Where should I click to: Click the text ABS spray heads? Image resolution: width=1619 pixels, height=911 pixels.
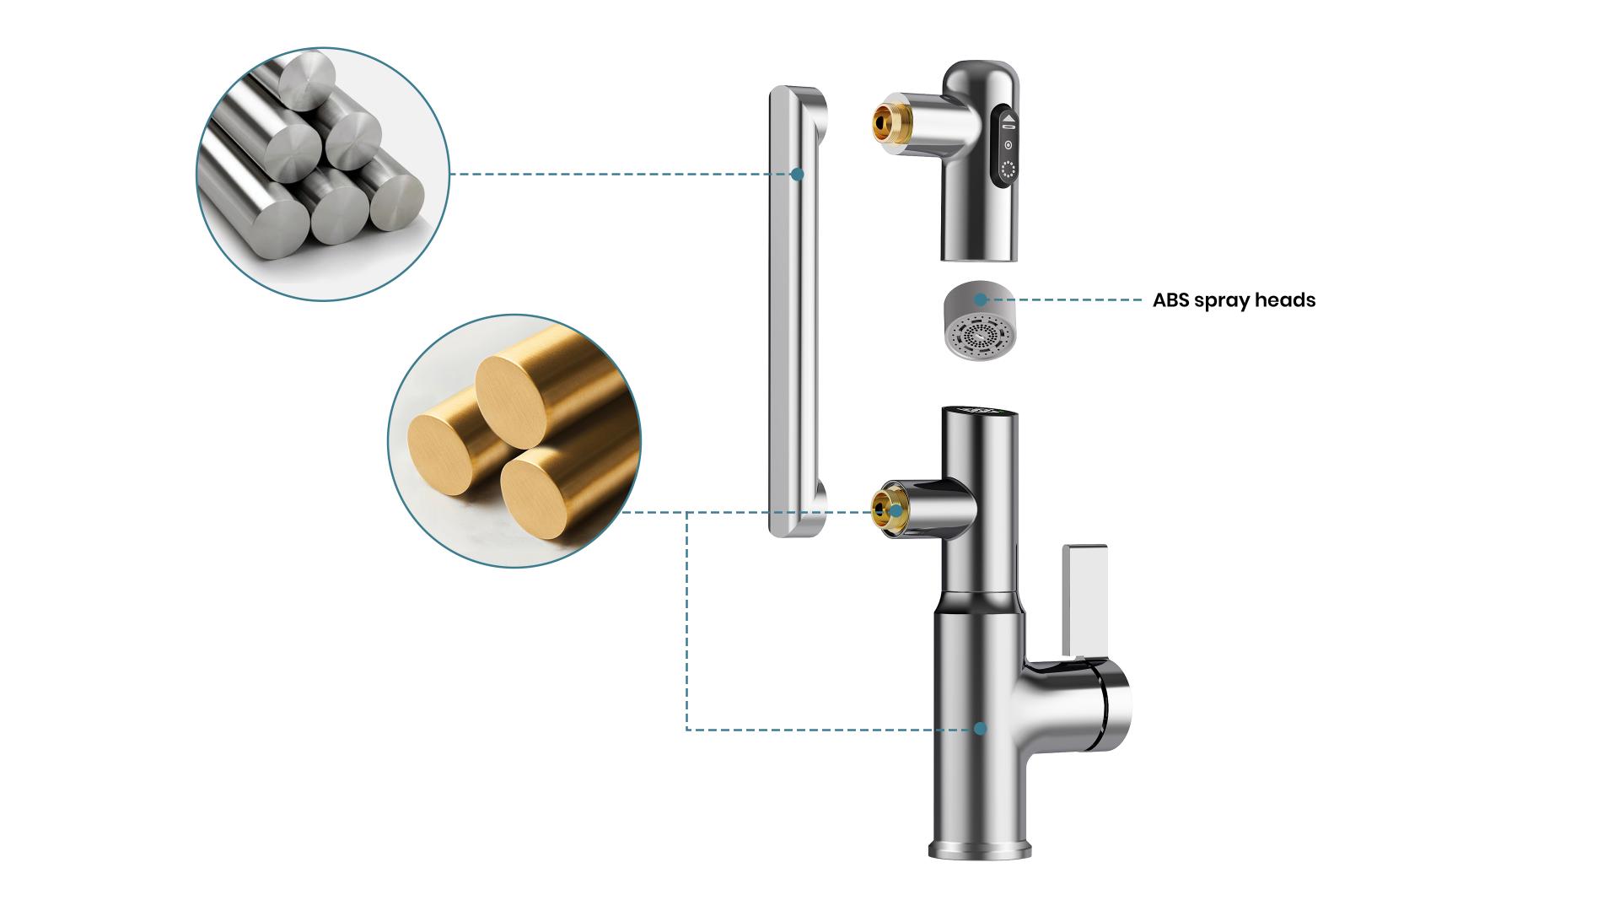pyautogui.click(x=1234, y=300)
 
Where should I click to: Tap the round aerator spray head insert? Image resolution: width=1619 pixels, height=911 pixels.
pyautogui.click(x=980, y=323)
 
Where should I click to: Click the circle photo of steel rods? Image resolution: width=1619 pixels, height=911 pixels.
pyautogui.click(x=323, y=175)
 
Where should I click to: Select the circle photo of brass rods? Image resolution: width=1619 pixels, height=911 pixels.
pyautogui.click(x=514, y=440)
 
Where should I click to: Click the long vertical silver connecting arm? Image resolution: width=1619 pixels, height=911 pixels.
pyautogui.click(x=797, y=311)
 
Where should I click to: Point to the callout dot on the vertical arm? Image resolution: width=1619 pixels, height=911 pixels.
pyautogui.click(x=797, y=175)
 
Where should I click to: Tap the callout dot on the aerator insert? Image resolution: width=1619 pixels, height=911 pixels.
pyautogui.click(x=980, y=299)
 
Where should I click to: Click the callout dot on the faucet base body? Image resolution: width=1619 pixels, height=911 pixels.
pyautogui.click(x=980, y=729)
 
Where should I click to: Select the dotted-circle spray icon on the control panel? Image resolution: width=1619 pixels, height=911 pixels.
pyautogui.click(x=1008, y=171)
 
